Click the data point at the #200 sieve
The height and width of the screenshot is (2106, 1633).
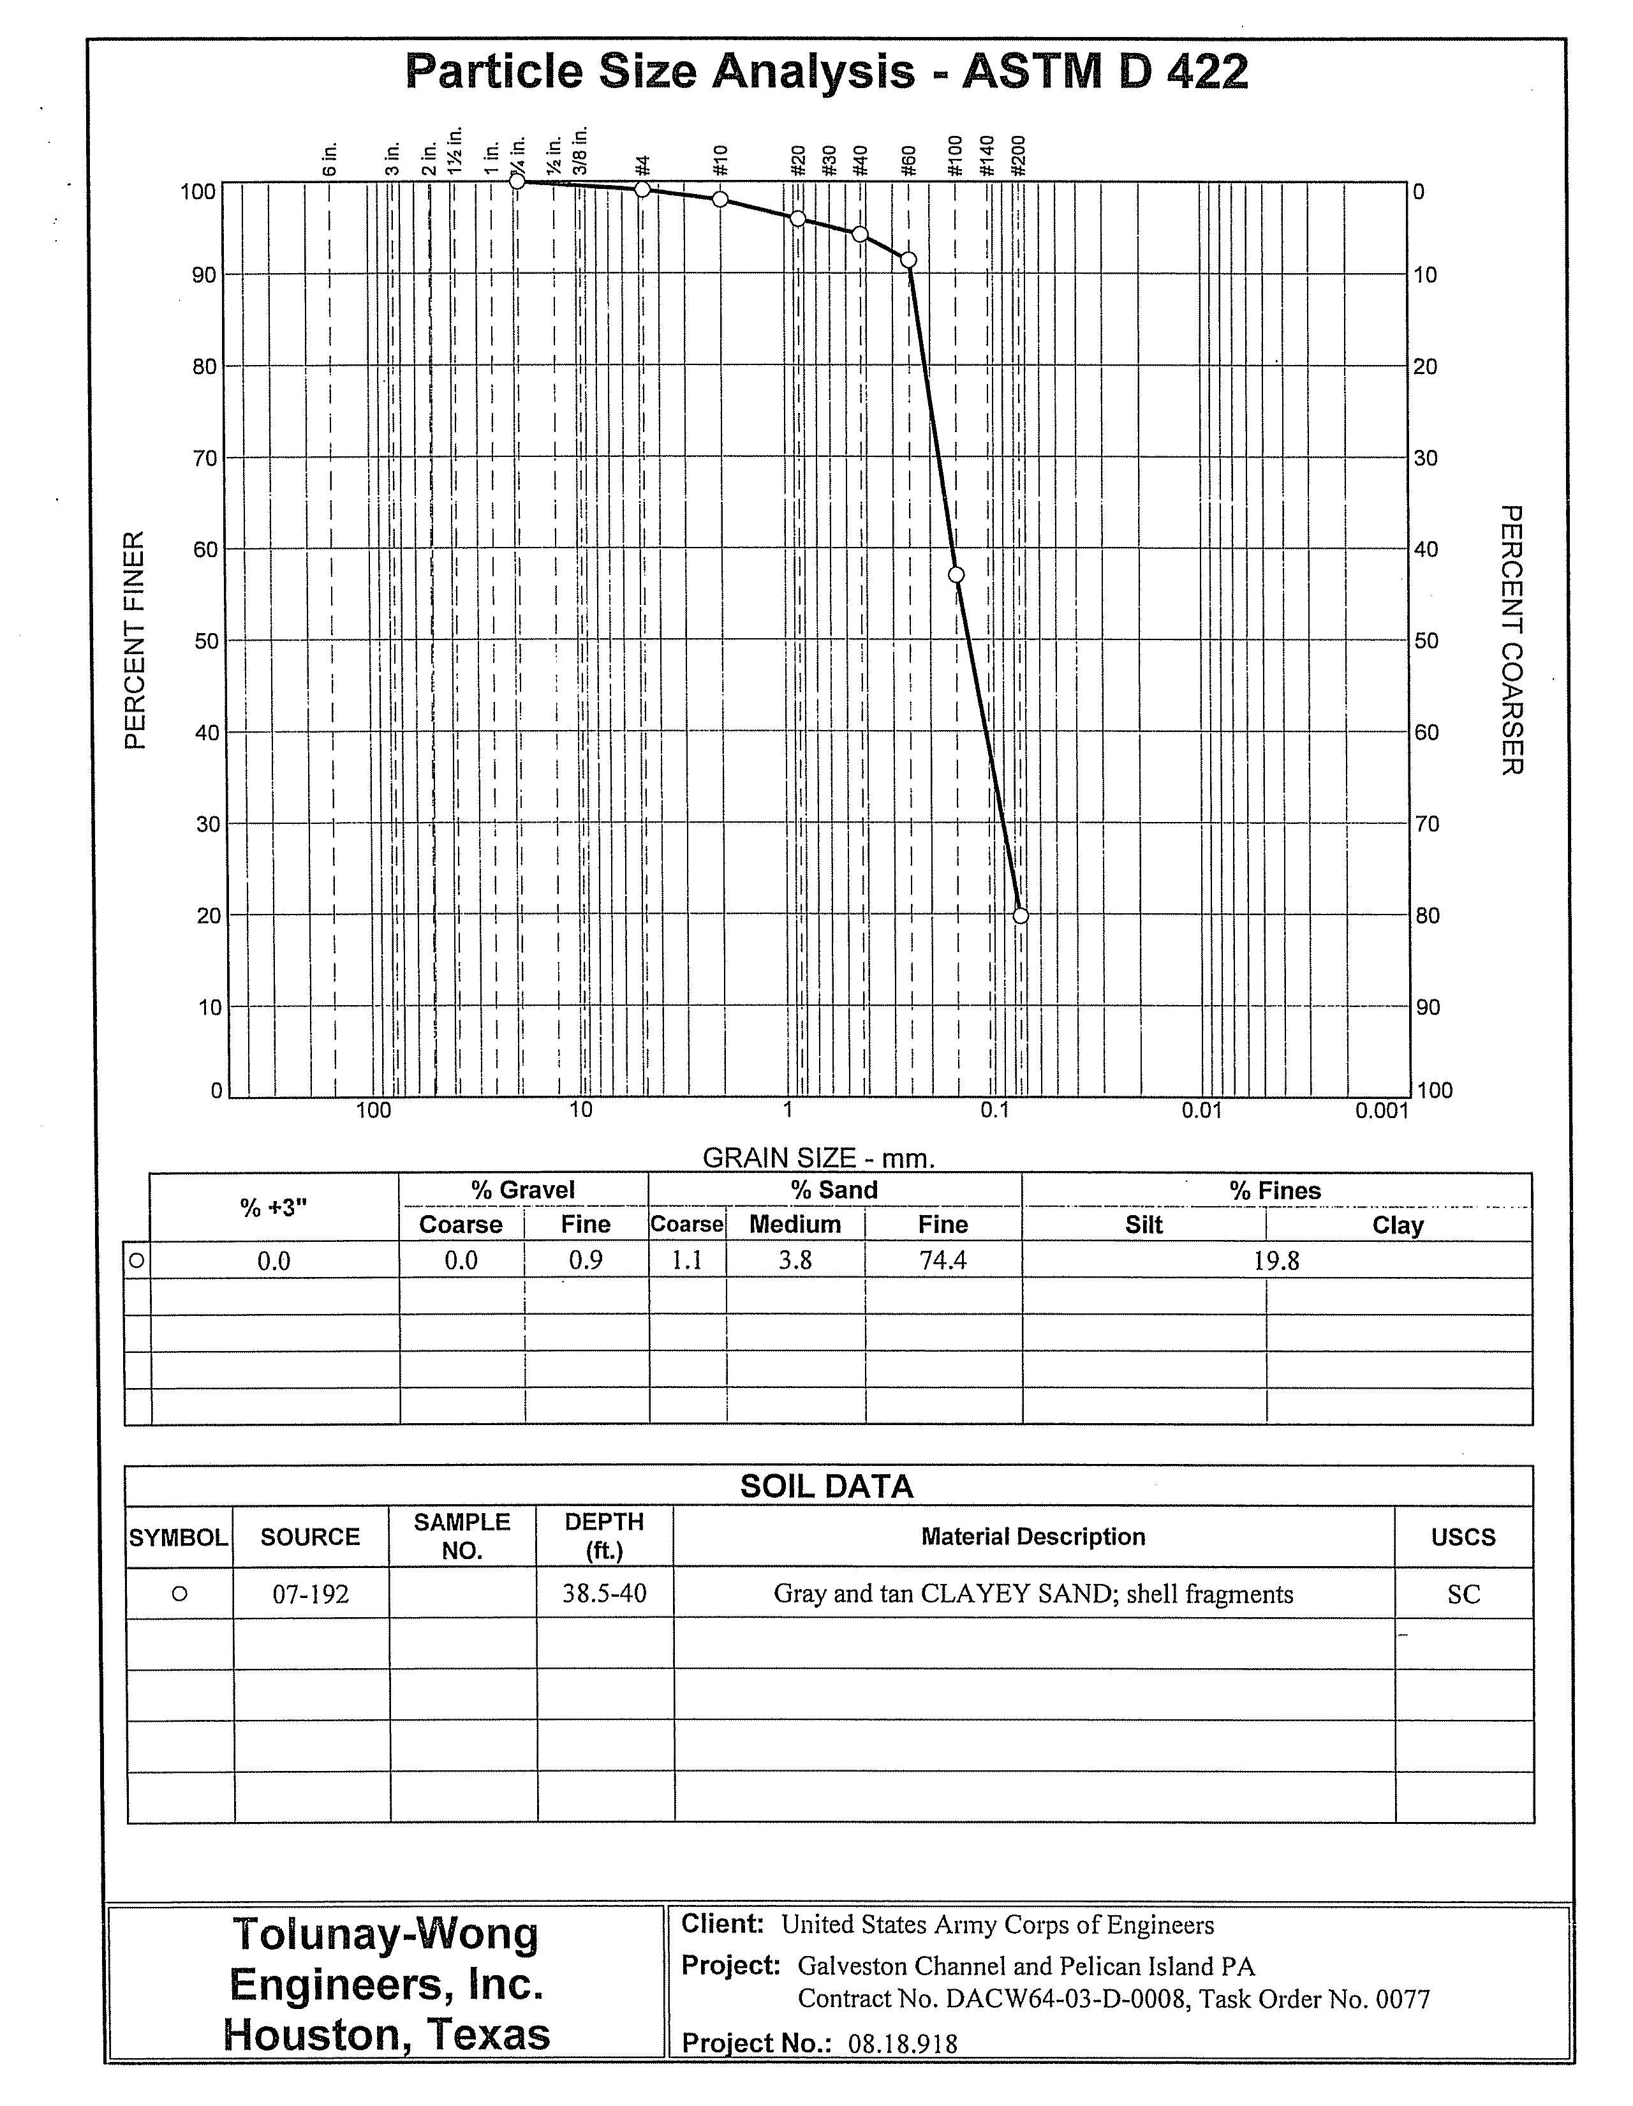point(1021,915)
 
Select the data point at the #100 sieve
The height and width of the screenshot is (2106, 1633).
point(956,575)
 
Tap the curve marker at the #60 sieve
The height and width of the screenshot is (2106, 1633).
point(908,259)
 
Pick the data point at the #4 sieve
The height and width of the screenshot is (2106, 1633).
point(643,189)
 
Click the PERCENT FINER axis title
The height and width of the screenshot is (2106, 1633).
point(136,639)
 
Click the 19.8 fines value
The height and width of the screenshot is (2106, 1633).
point(1276,1260)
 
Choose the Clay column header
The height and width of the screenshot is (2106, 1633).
point(1397,1225)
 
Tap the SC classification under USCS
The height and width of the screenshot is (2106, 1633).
point(1463,1594)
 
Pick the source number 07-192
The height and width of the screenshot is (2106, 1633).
point(311,1594)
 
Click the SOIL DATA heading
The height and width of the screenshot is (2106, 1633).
point(826,1486)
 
